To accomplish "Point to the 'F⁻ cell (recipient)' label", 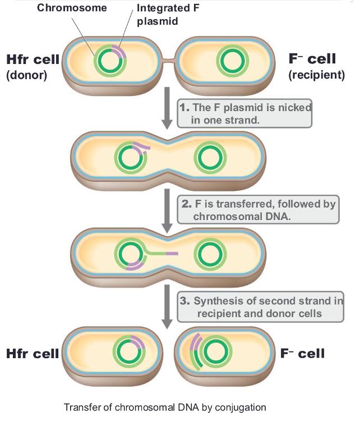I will click(x=315, y=67).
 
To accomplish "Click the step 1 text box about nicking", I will click(x=245, y=112).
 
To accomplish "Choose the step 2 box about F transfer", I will click(x=258, y=210).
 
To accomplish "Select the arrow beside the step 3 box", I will click(x=167, y=306).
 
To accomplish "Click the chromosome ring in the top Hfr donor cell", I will click(x=110, y=61).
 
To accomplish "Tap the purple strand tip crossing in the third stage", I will click(x=172, y=254).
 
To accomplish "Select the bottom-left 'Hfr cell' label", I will click(x=32, y=354).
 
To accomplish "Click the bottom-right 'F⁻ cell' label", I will click(x=302, y=354).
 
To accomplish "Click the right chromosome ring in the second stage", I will click(x=210, y=158).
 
